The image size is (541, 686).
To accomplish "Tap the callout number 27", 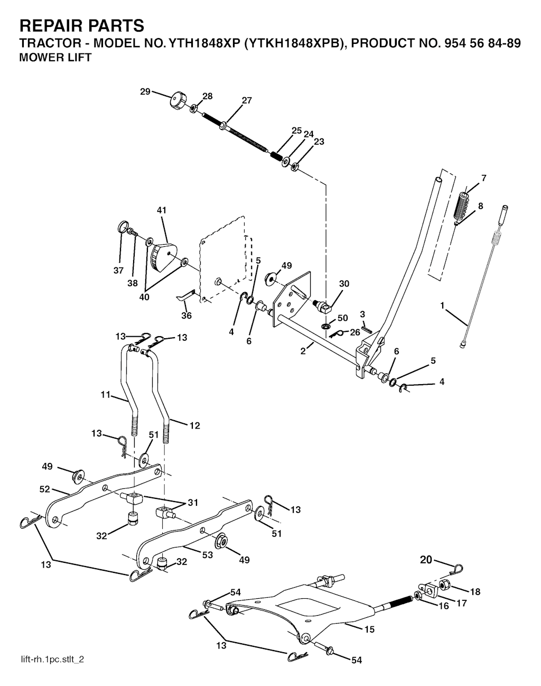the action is point(247,100).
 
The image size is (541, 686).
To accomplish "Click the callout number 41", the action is point(162,210).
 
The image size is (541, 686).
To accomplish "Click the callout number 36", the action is point(186,316).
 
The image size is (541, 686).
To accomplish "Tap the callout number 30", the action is point(344,283).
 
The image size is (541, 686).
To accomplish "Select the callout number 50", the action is point(342,318).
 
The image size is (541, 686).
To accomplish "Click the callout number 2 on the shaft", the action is point(303,351).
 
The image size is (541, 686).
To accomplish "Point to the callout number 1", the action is point(442,305).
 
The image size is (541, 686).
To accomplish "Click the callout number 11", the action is point(106,395).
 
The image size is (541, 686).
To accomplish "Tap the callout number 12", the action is point(194,425).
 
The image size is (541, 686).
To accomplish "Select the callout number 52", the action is point(44,489).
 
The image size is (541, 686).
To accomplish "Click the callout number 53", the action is point(207,555).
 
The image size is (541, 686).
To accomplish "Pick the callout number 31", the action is point(192,503).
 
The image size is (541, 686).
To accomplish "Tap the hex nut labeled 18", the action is point(444,585).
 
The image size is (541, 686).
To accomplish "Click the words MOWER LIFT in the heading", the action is point(55,58).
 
